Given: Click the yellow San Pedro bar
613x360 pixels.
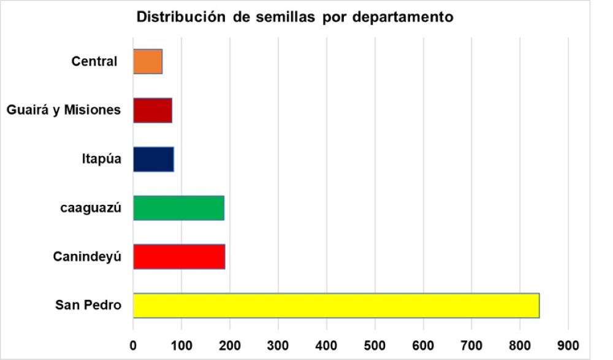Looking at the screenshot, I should pos(336,305).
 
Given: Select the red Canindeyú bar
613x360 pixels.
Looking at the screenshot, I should pos(179,256).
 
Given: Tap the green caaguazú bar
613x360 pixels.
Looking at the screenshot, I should pos(178,207).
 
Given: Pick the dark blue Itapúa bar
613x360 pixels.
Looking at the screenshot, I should pos(153,159).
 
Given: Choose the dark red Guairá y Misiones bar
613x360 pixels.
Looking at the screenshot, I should pos(153,110).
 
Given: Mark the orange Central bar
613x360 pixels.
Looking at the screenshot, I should pos(148,61).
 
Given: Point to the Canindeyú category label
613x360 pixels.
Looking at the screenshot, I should pos(86,256).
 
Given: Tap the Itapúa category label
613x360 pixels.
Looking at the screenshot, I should pos(101,159).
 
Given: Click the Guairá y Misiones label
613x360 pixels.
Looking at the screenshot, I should pos(63,110).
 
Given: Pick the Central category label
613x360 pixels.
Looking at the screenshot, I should pos(94,61).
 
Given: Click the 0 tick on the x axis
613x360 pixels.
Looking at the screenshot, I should pos(133,344).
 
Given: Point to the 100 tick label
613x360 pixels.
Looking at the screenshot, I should pos(181,344).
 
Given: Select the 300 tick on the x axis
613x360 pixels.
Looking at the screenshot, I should pos(278,344).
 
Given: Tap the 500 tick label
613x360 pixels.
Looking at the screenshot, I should pos(375,344).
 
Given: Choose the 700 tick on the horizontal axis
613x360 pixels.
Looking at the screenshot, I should pos(471,344).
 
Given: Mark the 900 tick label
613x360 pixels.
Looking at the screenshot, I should pos(568,344).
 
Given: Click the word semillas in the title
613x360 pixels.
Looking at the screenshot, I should pos(284,17).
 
